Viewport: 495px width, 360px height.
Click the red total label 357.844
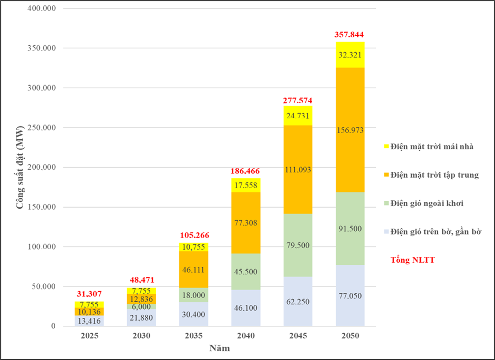click(349, 35)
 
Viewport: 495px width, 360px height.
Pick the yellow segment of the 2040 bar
click(245, 186)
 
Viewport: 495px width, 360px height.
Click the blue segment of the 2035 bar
click(194, 314)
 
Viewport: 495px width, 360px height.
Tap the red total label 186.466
click(245, 171)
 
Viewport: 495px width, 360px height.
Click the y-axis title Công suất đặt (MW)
click(19, 167)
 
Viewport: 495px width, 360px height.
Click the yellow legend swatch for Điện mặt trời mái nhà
click(387, 147)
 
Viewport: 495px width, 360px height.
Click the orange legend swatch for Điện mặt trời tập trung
click(387, 175)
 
